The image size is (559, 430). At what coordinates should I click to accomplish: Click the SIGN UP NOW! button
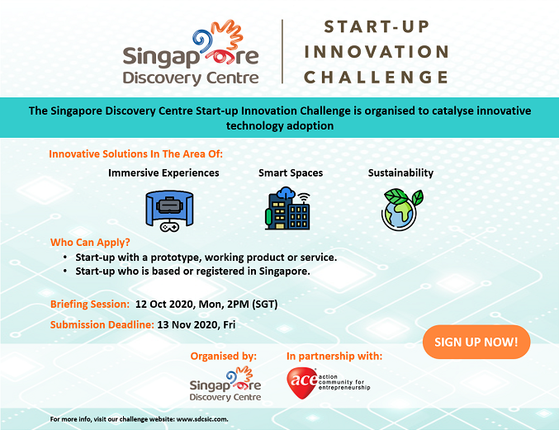[x=476, y=342]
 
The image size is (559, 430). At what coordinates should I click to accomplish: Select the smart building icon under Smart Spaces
[x=287, y=208]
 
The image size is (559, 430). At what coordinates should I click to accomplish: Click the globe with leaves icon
[x=402, y=210]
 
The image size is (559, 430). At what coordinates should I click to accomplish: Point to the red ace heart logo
[x=302, y=383]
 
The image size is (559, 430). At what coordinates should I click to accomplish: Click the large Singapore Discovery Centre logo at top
[x=191, y=53]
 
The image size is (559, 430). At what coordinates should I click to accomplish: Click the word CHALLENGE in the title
[x=377, y=78]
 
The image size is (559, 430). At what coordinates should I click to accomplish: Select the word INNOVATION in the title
[x=377, y=52]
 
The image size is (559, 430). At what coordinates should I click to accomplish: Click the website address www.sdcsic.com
[x=202, y=419]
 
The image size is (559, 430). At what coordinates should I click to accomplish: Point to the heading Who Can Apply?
[x=90, y=243]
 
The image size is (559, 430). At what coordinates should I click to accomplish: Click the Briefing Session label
[x=90, y=304]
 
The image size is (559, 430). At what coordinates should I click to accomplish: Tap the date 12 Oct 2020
[x=164, y=304]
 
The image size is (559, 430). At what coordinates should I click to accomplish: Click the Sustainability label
[x=400, y=172]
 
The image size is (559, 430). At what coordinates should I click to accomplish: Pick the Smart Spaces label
[x=291, y=172]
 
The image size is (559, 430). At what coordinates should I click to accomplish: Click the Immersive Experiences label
[x=163, y=172]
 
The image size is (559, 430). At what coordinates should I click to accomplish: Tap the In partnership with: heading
[x=334, y=356]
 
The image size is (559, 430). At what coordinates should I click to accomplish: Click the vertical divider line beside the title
[x=282, y=52]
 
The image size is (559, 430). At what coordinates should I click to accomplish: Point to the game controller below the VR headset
[x=169, y=227]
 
